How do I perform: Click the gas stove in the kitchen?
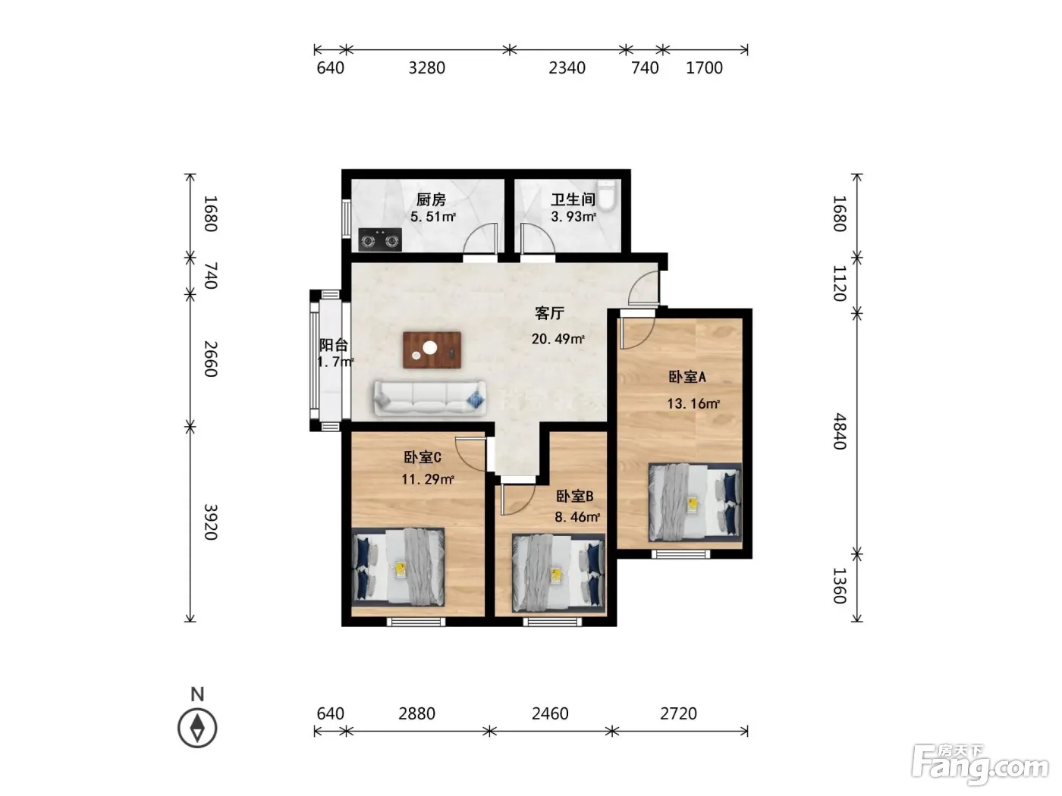(x=380, y=240)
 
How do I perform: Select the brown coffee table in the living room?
(x=432, y=349)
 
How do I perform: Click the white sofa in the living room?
(x=429, y=398)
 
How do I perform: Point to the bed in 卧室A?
(x=695, y=502)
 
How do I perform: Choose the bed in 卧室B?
(x=559, y=573)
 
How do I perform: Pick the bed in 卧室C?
(x=397, y=567)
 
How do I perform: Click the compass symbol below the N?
(x=197, y=728)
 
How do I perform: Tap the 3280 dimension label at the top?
(x=427, y=67)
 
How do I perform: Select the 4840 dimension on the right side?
(x=840, y=431)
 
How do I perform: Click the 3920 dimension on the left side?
(x=210, y=522)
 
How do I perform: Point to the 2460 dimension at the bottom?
(x=550, y=713)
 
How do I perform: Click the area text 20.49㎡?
(x=558, y=339)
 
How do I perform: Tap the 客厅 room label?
(x=550, y=313)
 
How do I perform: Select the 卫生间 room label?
(x=573, y=199)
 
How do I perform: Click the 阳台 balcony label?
(x=333, y=345)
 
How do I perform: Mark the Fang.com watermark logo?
(x=980, y=767)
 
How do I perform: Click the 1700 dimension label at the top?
(x=705, y=67)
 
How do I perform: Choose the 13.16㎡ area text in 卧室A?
(x=693, y=403)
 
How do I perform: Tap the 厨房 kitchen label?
(x=431, y=199)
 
